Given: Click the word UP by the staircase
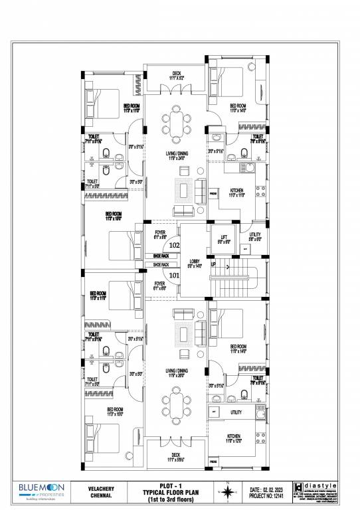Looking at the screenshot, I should click(x=213, y=265).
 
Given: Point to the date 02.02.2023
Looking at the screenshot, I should click(x=266, y=486).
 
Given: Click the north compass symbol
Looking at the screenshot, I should click(x=228, y=491).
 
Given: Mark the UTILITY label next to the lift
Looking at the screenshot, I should click(x=256, y=236).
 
